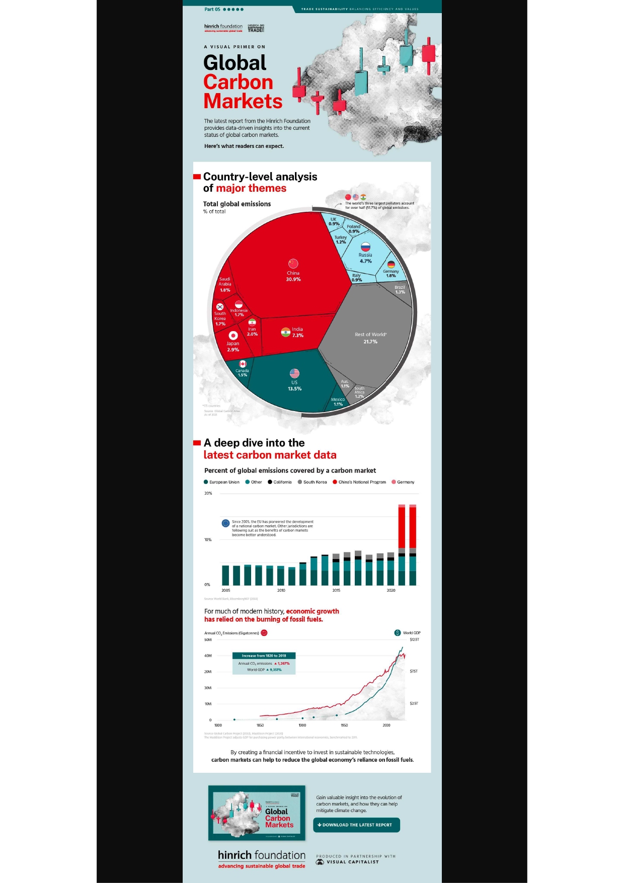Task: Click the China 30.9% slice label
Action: coord(293,276)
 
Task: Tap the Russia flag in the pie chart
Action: coord(365,247)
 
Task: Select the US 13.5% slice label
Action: coord(294,385)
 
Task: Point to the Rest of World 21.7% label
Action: coord(370,338)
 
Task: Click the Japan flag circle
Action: coord(233,335)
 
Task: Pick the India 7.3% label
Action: coord(297,332)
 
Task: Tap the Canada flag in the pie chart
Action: coord(243,364)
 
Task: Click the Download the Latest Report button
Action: coord(356,825)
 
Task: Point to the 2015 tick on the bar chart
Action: coord(336,590)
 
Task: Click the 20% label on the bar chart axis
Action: coord(208,493)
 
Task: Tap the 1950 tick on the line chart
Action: coord(344,725)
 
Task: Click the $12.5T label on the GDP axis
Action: coord(414,639)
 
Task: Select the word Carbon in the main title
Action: coord(238,82)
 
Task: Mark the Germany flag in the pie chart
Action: coord(391,264)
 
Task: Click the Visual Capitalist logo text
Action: coord(352,862)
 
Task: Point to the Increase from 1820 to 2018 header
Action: coord(264,656)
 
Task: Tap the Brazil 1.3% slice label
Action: coord(400,289)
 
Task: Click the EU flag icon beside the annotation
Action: coord(226,523)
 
